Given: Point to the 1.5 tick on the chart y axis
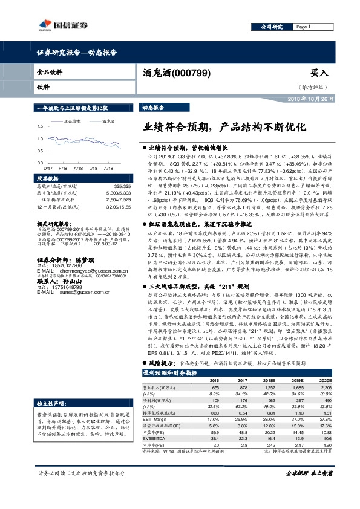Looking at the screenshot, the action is coord(41,126).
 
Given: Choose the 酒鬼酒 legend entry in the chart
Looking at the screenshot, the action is coord(108,121).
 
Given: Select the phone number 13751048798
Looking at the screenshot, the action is coord(68,287).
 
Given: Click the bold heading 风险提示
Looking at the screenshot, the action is coord(159,363).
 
